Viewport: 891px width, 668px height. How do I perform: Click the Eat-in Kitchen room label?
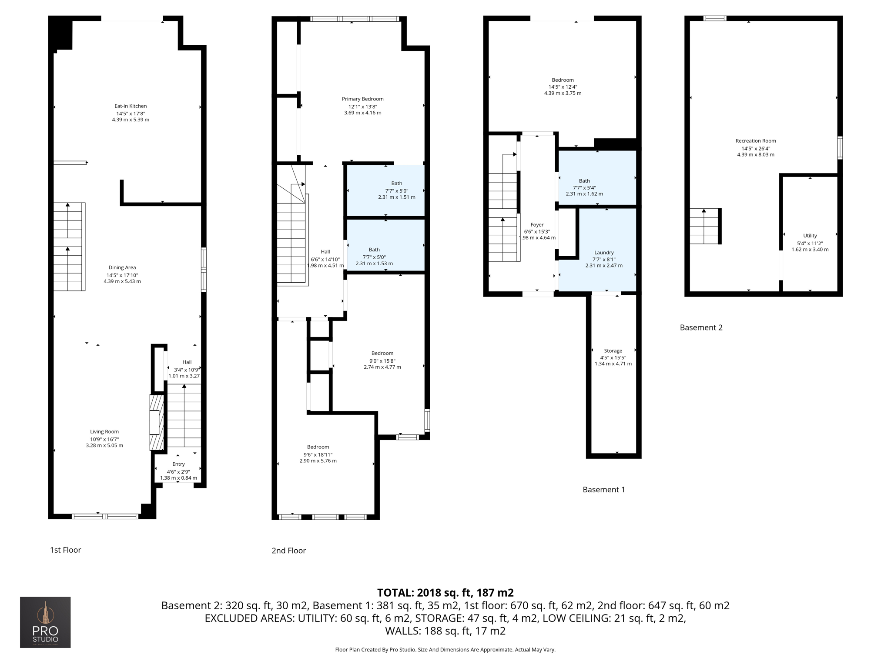pyautogui.click(x=131, y=106)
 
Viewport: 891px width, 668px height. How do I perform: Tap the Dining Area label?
pyautogui.click(x=122, y=267)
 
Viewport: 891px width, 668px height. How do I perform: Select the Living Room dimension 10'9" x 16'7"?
pyautogui.click(x=104, y=439)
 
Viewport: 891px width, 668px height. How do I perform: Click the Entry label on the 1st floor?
pyautogui.click(x=178, y=464)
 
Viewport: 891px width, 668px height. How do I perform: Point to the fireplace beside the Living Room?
pyautogui.click(x=156, y=422)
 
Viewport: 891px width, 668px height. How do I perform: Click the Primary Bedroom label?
pyautogui.click(x=362, y=99)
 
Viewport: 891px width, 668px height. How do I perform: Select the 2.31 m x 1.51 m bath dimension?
pyautogui.click(x=396, y=197)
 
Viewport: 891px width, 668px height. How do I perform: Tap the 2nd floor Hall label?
pyautogui.click(x=325, y=252)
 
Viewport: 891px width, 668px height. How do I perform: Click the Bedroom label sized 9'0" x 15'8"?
pyautogui.click(x=382, y=353)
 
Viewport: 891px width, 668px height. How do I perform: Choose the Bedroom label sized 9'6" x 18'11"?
pyautogui.click(x=318, y=447)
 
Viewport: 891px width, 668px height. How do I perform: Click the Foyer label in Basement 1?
pyautogui.click(x=537, y=225)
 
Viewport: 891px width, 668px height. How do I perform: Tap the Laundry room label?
pyautogui.click(x=604, y=253)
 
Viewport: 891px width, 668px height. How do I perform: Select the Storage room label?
pyautogui.click(x=613, y=351)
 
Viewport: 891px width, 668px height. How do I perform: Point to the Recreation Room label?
pyautogui.click(x=756, y=141)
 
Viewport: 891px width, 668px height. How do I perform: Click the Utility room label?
pyautogui.click(x=810, y=236)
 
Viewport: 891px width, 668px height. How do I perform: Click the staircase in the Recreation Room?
pyautogui.click(x=704, y=226)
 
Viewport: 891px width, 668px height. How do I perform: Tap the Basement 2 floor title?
pyautogui.click(x=701, y=327)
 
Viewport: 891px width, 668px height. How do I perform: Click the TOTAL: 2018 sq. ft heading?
pyautogui.click(x=445, y=593)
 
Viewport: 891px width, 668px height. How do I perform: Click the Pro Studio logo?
pyautogui.click(x=45, y=622)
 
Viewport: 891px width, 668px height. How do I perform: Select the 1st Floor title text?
pyautogui.click(x=65, y=550)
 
